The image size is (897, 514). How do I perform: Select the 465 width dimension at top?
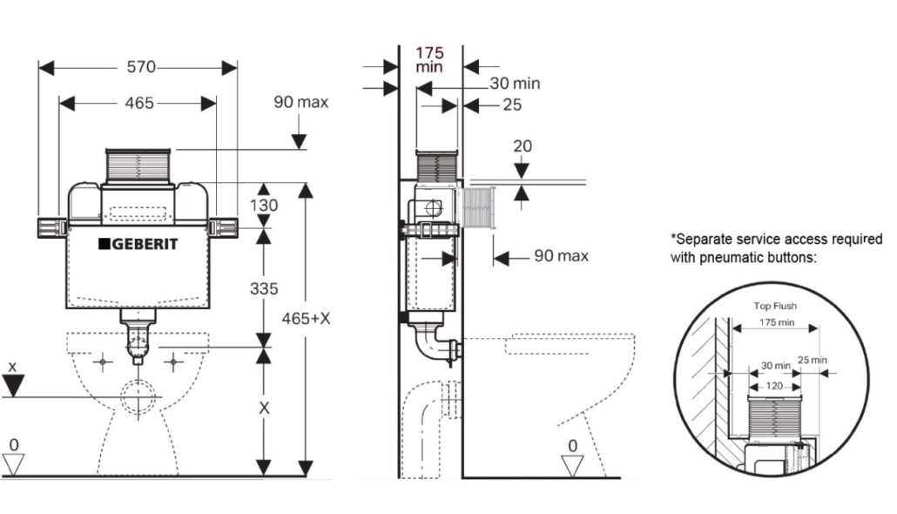point(138,103)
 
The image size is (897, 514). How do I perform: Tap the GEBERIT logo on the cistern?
point(138,244)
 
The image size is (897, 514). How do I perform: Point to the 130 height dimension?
point(265,206)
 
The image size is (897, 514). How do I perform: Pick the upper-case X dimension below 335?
point(266,407)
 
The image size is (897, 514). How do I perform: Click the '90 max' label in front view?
point(300,102)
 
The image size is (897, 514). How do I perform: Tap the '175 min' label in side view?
point(429,59)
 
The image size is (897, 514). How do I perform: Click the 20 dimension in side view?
point(522,145)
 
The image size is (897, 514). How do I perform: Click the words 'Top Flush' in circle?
point(775,306)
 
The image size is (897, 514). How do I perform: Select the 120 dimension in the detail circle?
point(772,385)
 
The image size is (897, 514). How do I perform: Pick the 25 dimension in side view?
point(512,105)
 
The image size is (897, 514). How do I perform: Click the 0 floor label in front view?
point(14,445)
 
